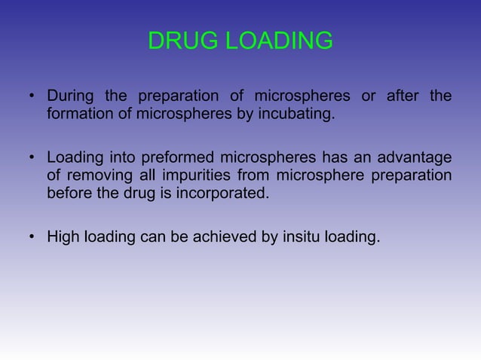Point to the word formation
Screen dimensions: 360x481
coord(78,115)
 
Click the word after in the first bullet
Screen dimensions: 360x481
coord(404,96)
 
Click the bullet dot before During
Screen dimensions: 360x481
coord(32,97)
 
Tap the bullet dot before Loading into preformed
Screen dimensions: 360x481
coord(32,158)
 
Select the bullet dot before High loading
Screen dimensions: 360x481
coord(32,239)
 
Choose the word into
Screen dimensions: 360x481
coord(117,157)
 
